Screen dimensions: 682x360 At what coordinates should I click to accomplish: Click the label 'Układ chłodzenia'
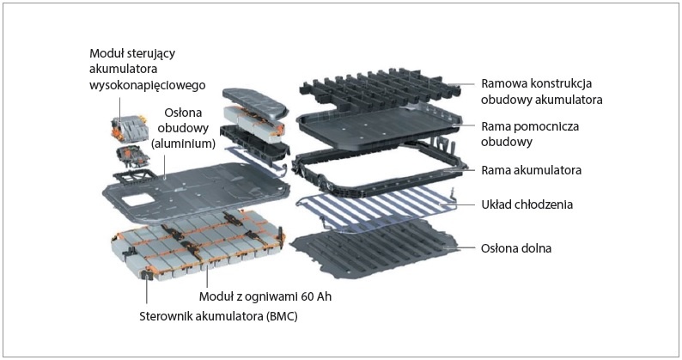(x=527, y=204)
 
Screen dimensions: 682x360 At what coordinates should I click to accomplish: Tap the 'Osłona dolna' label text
(x=516, y=248)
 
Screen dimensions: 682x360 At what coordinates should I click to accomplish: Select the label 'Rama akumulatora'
(x=531, y=170)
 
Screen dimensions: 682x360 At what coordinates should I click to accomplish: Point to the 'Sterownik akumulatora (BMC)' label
(x=218, y=316)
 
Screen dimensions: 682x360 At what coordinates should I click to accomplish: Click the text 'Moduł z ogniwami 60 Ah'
(x=265, y=297)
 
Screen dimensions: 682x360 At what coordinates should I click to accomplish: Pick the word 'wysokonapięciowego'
(x=148, y=85)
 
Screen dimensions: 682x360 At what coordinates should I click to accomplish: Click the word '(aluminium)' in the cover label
(x=183, y=143)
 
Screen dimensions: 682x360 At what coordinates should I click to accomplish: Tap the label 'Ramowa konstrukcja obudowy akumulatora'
(x=541, y=91)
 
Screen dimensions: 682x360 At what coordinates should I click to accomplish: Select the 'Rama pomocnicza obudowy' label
(x=530, y=134)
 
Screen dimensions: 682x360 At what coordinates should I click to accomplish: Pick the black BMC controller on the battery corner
(x=146, y=274)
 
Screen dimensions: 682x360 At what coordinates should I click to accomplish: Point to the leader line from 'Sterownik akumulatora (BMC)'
(x=147, y=291)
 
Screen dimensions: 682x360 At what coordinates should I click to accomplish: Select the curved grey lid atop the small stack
(x=255, y=101)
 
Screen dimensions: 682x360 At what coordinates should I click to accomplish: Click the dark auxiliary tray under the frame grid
(x=379, y=126)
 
